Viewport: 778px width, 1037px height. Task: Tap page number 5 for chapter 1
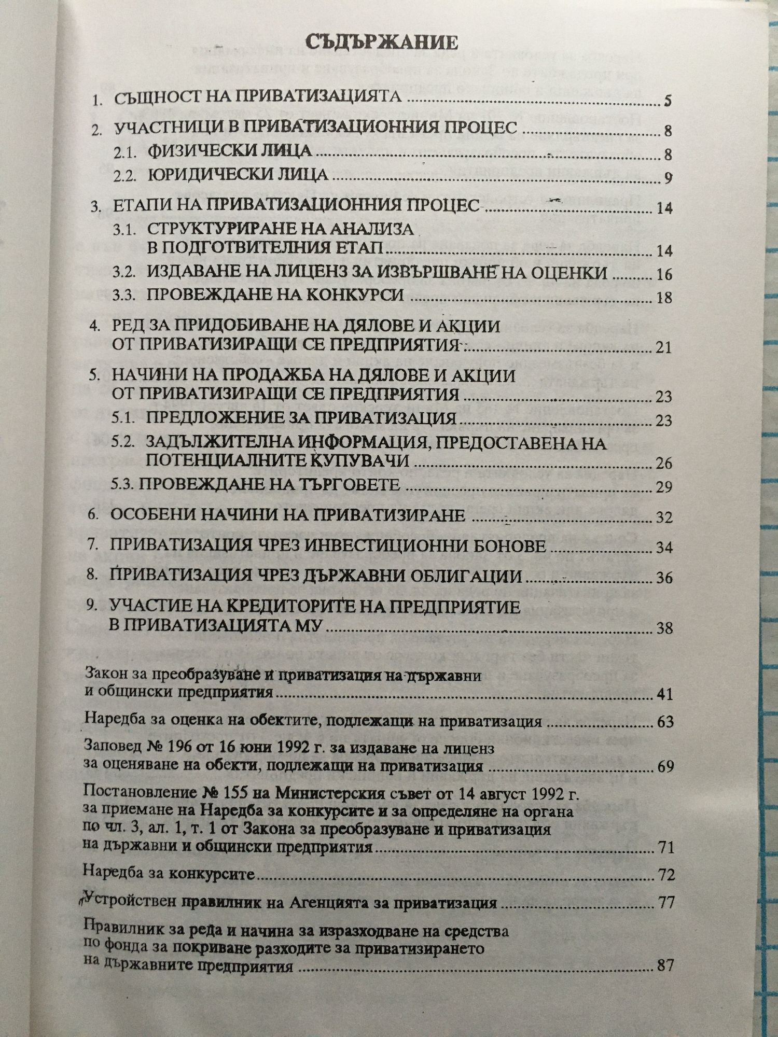[x=667, y=101]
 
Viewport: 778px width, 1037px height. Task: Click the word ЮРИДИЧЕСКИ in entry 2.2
[x=208, y=175]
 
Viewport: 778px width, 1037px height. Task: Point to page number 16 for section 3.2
[x=664, y=274]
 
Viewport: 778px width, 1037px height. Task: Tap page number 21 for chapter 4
[x=664, y=347]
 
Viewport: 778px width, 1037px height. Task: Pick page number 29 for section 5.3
[x=664, y=487]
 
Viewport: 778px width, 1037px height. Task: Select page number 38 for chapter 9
[x=664, y=629]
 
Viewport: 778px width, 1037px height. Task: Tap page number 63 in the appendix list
[x=665, y=722]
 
